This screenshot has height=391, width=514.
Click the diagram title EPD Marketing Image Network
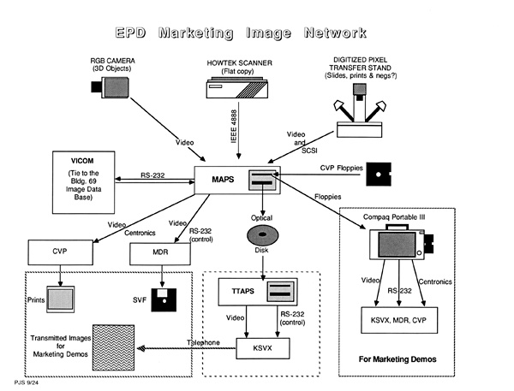(x=257, y=33)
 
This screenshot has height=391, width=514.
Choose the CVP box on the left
(x=59, y=253)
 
